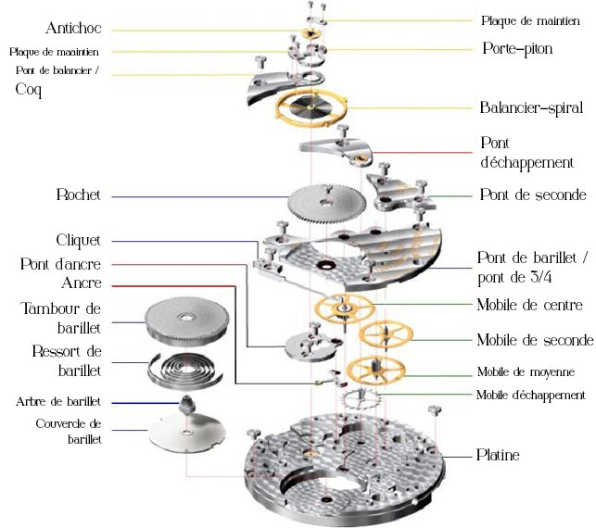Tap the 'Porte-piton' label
pyautogui.click(x=516, y=48)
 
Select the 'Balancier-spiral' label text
pyautogui.click(x=531, y=107)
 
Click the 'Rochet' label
pyautogui.click(x=79, y=195)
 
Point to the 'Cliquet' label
pyautogui.click(x=78, y=241)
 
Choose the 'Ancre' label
pyautogui.click(x=81, y=283)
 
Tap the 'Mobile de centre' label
pyautogui.click(x=528, y=305)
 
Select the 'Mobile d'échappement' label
pyautogui.click(x=530, y=396)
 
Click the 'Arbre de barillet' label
pyautogui.click(x=58, y=402)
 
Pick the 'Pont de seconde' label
pyautogui.click(x=532, y=195)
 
